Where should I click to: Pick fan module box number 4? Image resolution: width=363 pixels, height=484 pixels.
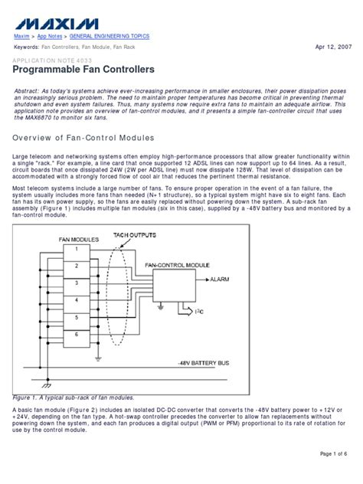tap(75, 300)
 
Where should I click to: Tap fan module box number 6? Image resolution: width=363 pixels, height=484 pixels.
tap(75, 334)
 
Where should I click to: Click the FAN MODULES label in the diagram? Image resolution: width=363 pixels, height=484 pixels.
tap(80, 239)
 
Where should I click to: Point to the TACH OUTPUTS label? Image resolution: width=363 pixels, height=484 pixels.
tap(132, 234)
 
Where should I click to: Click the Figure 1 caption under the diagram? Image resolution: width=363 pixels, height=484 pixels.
tap(74, 397)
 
